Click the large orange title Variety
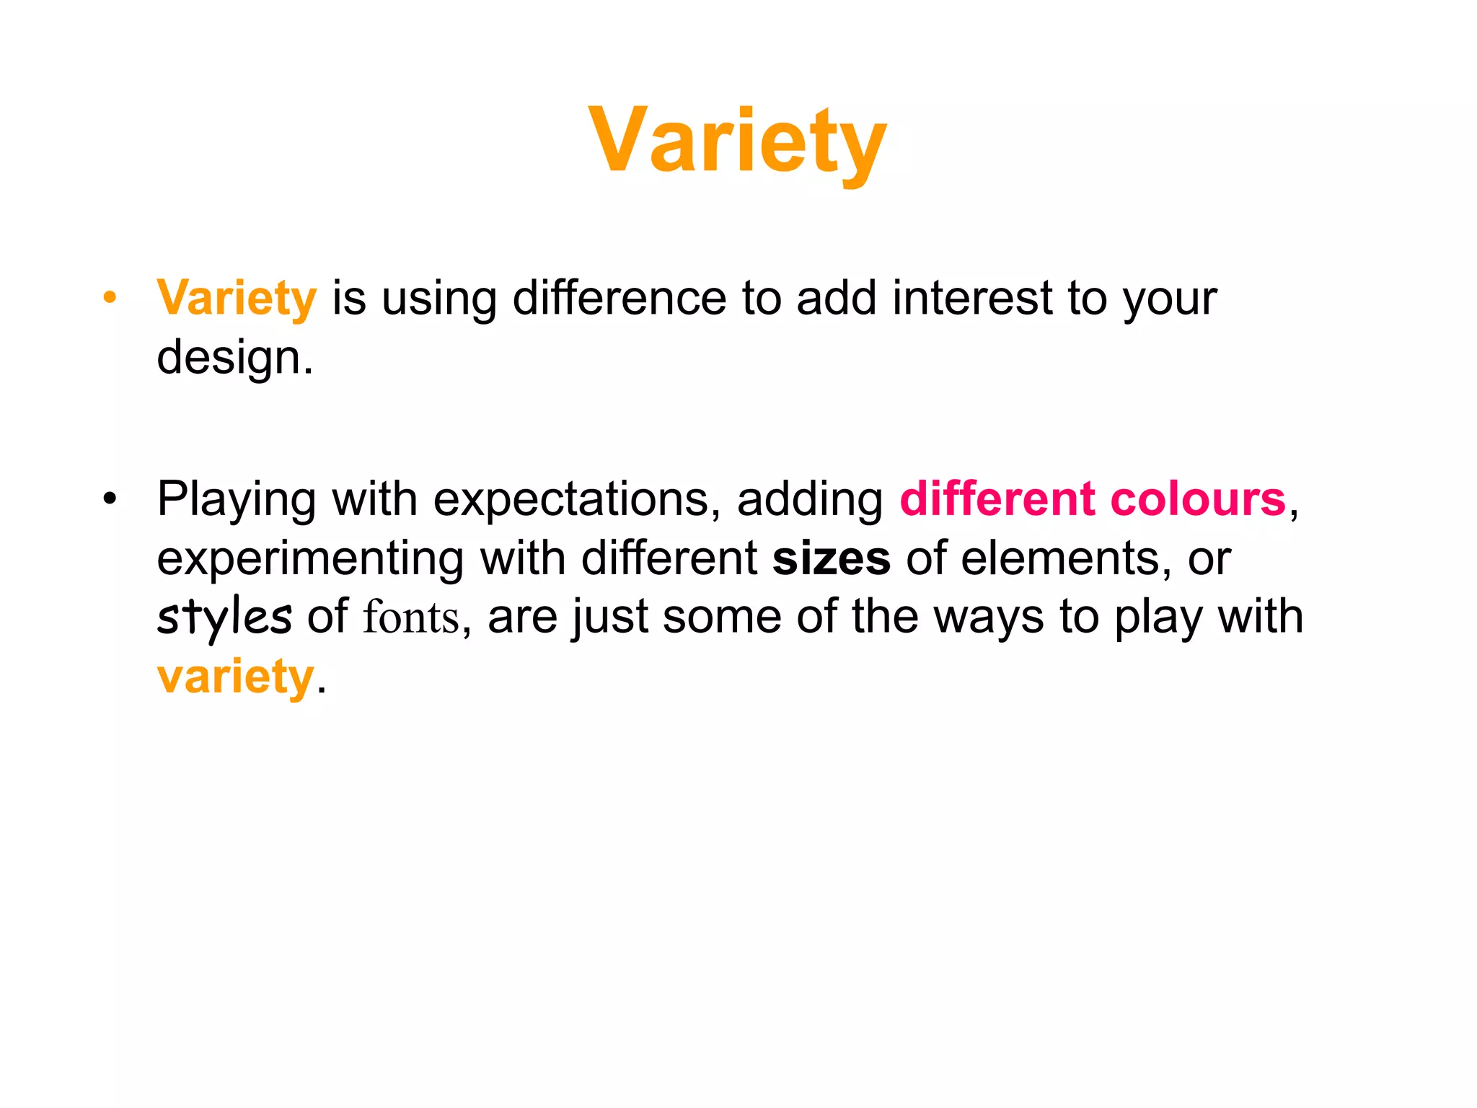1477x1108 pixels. click(737, 141)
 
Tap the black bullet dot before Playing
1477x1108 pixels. click(110, 498)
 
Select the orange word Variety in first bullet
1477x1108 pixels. click(237, 299)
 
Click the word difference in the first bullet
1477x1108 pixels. click(619, 298)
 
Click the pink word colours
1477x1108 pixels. click(1198, 499)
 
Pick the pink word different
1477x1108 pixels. click(997, 499)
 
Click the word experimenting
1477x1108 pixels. click(311, 559)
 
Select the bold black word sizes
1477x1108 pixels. click(831, 559)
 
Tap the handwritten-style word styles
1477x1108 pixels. click(224, 618)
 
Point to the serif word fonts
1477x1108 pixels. click(411, 618)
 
